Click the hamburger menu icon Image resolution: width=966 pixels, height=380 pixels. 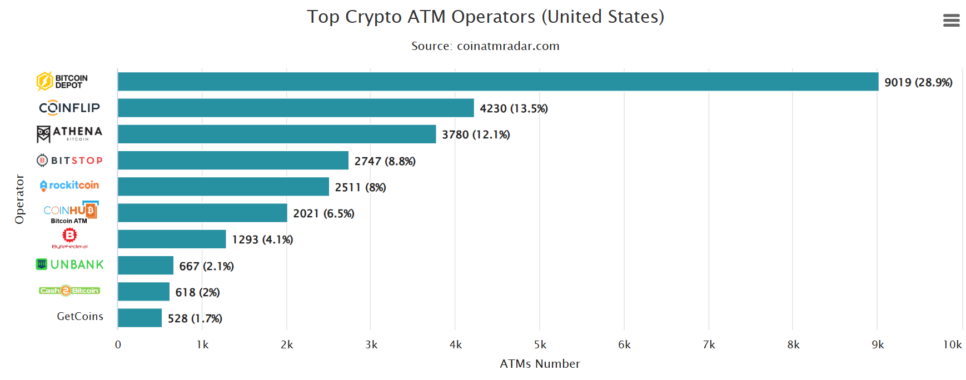pyautogui.click(x=951, y=21)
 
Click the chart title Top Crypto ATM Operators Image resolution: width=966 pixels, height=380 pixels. pyautogui.click(x=485, y=17)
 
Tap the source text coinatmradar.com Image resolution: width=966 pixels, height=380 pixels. pyautogui.click(x=485, y=46)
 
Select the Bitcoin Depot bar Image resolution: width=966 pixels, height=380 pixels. pyautogui.click(x=497, y=82)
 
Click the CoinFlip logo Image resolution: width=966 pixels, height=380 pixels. pyautogui.click(x=69, y=108)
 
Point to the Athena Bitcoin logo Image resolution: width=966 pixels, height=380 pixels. pyautogui.click(x=69, y=134)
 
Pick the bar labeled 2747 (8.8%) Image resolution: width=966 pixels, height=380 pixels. pyautogui.click(x=233, y=161)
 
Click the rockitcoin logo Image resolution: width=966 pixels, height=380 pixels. pyautogui.click(x=69, y=186)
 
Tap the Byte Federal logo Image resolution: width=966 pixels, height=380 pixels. pyautogui.click(x=69, y=238)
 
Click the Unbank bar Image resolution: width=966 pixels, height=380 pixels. pyautogui.click(x=145, y=266)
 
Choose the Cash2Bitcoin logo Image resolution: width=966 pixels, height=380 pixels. pyautogui.click(x=69, y=291)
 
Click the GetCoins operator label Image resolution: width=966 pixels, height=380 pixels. pyautogui.click(x=80, y=317)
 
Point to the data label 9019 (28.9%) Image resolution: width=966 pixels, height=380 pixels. pyautogui.click(x=918, y=82)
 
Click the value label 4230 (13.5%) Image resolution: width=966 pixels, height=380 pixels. pyautogui.click(x=514, y=108)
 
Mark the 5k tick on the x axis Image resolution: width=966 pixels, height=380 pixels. pyautogui.click(x=540, y=345)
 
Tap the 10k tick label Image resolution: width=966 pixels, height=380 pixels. pyautogui.click(x=952, y=345)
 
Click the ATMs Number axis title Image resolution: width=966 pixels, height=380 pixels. pyautogui.click(x=540, y=364)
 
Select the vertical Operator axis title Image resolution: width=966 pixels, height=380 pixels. pyautogui.click(x=20, y=199)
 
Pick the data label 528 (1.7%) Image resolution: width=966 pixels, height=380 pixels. pyautogui.click(x=195, y=318)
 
